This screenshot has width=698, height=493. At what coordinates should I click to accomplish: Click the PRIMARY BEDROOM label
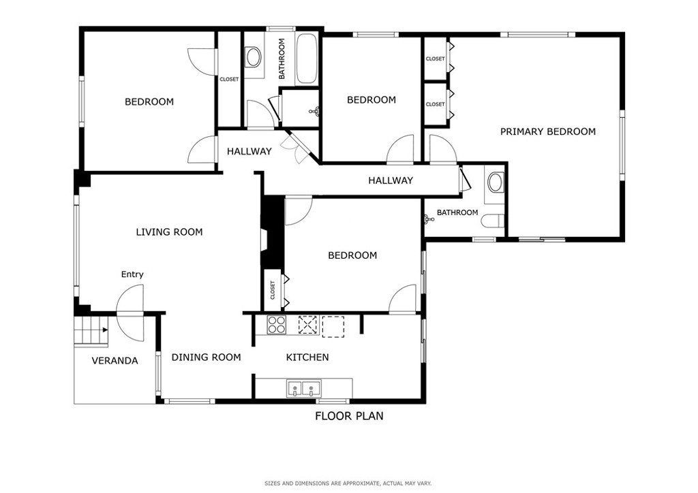click(x=547, y=131)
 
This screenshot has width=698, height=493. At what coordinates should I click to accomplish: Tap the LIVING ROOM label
click(x=169, y=232)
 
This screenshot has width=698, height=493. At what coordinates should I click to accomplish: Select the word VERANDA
click(x=115, y=361)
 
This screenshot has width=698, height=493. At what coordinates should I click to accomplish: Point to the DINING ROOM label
click(x=206, y=357)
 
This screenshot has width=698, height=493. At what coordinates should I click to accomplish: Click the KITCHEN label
click(x=307, y=357)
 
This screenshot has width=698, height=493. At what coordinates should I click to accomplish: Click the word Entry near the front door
click(x=132, y=274)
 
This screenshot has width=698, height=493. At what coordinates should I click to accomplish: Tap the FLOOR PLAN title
click(x=350, y=416)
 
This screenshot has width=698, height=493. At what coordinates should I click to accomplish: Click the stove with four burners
click(x=277, y=325)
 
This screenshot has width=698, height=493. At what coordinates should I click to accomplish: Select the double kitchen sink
click(x=304, y=389)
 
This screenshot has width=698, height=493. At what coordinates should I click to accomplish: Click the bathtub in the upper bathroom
click(x=306, y=59)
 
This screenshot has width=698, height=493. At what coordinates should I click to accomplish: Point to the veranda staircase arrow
click(x=105, y=330)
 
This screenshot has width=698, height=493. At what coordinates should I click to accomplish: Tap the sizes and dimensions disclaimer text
click(x=348, y=483)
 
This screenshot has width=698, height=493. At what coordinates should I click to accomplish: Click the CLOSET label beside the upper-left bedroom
click(x=229, y=80)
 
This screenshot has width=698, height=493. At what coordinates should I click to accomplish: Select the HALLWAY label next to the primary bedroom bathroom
click(x=391, y=180)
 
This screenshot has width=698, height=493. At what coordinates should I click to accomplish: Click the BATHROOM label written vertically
click(x=282, y=59)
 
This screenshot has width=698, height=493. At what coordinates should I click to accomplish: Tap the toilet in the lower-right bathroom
click(x=495, y=221)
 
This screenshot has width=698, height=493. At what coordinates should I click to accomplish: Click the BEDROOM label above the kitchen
click(x=352, y=255)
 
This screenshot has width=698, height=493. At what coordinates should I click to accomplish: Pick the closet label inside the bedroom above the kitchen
click(x=273, y=290)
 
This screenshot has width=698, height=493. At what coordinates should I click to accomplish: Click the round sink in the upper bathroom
click(x=254, y=57)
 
